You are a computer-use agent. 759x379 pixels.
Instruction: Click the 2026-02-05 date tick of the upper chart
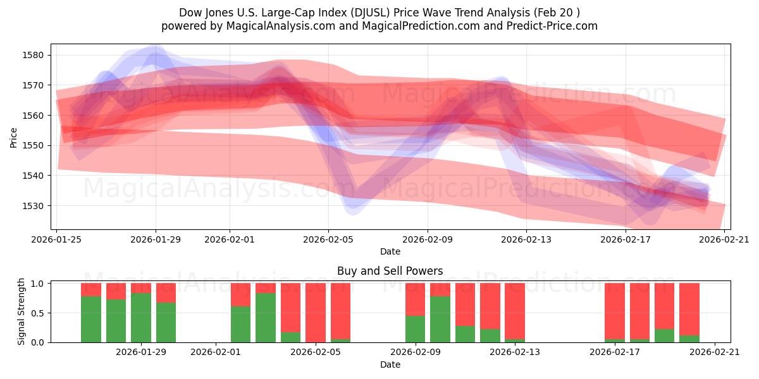328,239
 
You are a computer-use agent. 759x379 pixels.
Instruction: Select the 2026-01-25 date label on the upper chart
58,239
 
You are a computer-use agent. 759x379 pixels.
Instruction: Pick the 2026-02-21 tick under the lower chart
715,352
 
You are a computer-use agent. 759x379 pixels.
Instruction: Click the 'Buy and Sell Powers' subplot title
390,271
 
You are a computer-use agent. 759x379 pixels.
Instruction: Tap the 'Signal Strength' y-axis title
21,312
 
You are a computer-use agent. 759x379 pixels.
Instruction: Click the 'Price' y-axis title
14,136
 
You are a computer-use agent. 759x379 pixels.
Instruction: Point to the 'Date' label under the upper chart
390,251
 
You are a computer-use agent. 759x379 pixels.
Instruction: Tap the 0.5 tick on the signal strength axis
37,313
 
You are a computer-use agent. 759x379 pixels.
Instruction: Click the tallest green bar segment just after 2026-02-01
266,318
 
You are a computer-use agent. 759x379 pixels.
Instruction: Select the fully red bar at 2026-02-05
316,313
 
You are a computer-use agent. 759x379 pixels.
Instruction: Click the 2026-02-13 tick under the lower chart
515,352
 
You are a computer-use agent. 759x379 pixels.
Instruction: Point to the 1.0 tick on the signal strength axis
37,284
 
